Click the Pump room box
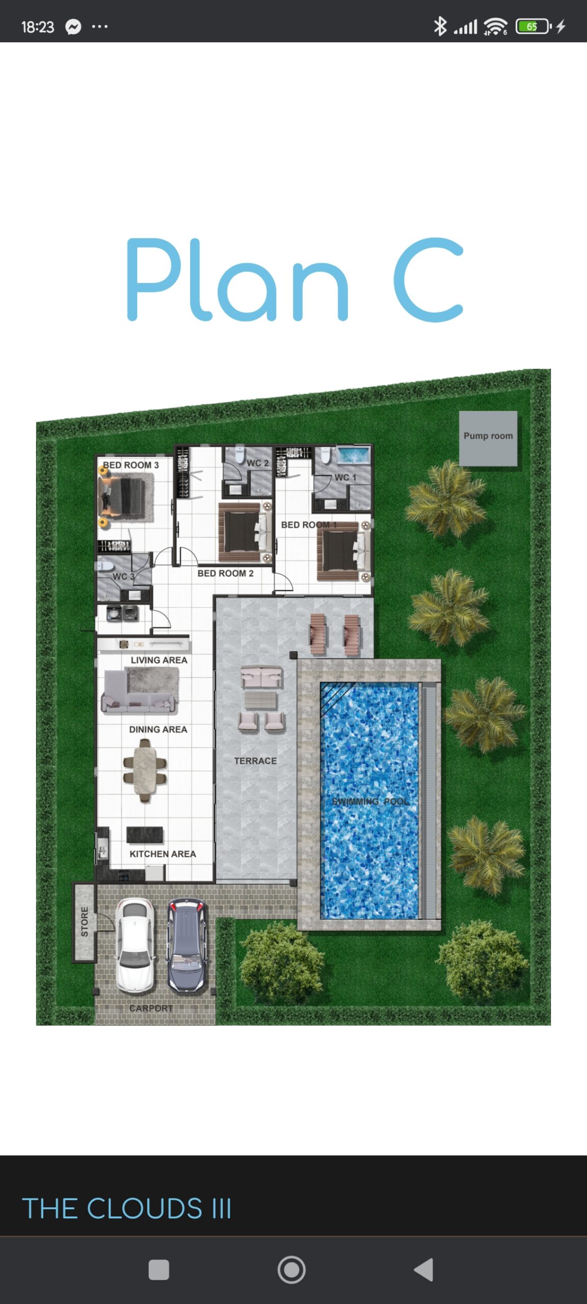pyautogui.click(x=488, y=438)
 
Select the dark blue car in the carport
pyautogui.click(x=188, y=945)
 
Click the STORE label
pyautogui.click(x=85, y=921)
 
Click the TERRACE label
pyautogui.click(x=255, y=760)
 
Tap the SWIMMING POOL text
pyautogui.click(x=370, y=801)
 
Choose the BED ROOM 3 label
pyautogui.click(x=131, y=465)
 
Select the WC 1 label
pyautogui.click(x=345, y=477)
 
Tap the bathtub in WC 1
pyautogui.click(x=353, y=455)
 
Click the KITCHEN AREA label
pyautogui.click(x=163, y=854)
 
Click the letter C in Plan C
pyautogui.click(x=429, y=280)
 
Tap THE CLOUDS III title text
pyautogui.click(x=127, y=1208)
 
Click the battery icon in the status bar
pyautogui.click(x=533, y=26)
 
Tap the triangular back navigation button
pyautogui.click(x=424, y=1269)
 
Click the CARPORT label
pyautogui.click(x=151, y=1008)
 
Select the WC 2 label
pyautogui.click(x=257, y=463)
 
